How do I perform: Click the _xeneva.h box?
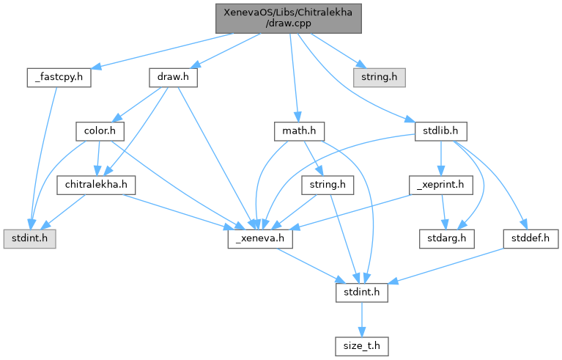point(251,239)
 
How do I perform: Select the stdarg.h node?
point(446,239)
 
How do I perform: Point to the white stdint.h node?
point(358,293)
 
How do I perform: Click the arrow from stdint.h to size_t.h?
point(358,320)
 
